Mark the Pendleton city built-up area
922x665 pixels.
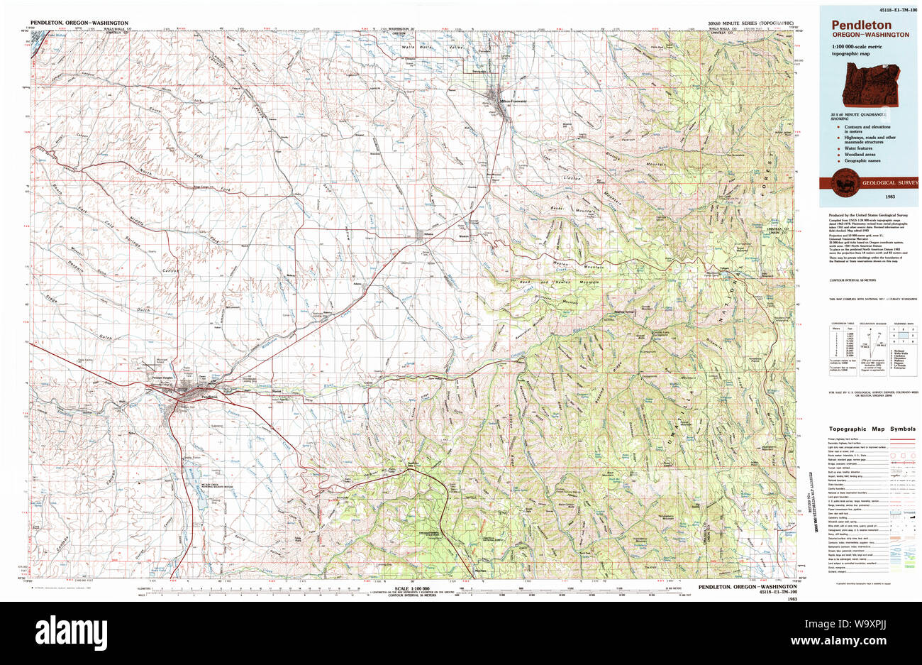(186, 389)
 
